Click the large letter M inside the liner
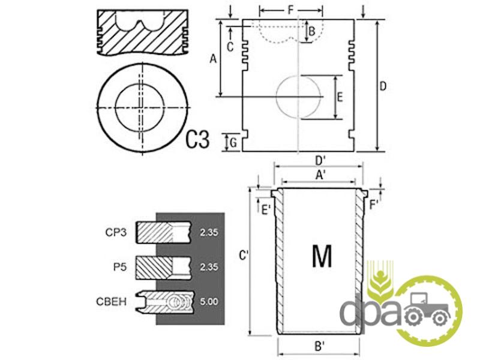(322, 256)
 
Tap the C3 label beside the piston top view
(198, 139)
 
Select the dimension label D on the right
(383, 86)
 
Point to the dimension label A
(213, 58)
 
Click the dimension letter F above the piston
(290, 10)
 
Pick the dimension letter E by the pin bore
(340, 98)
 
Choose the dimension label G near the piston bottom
(233, 143)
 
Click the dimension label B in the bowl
(311, 32)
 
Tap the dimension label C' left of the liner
(244, 256)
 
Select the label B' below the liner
(320, 346)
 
